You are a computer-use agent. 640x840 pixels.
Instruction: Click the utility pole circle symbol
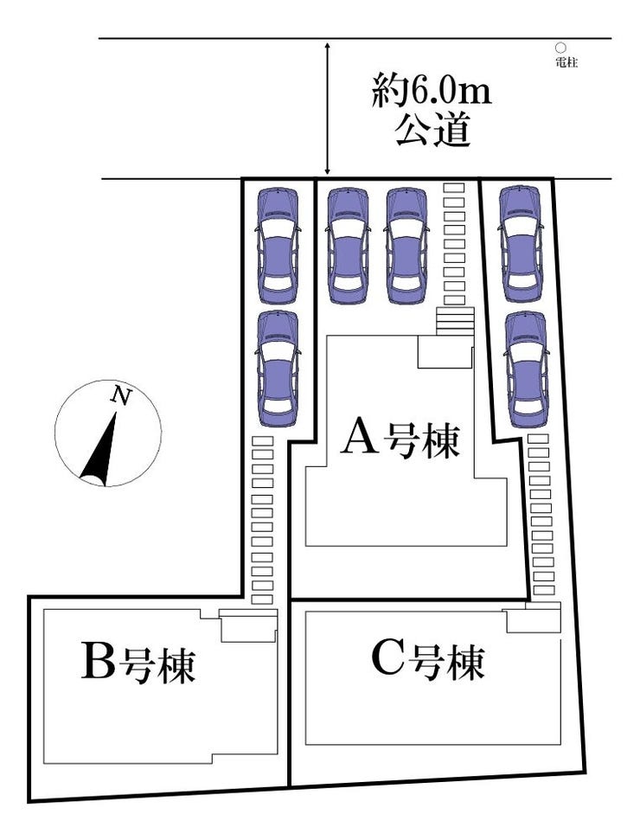point(560,48)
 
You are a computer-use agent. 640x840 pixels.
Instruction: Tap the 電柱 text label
point(566,62)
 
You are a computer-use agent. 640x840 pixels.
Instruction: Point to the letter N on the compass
point(122,397)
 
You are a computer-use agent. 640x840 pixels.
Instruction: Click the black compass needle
point(102,449)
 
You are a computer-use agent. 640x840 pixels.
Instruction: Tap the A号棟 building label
point(402,439)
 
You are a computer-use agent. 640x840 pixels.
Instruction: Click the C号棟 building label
point(427,663)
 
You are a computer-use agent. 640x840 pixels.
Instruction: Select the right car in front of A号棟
point(406,246)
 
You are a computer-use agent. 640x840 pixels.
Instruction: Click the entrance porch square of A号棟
point(444,352)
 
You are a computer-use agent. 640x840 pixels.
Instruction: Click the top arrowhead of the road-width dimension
point(327,44)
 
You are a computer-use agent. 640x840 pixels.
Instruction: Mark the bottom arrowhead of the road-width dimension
point(327,173)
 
